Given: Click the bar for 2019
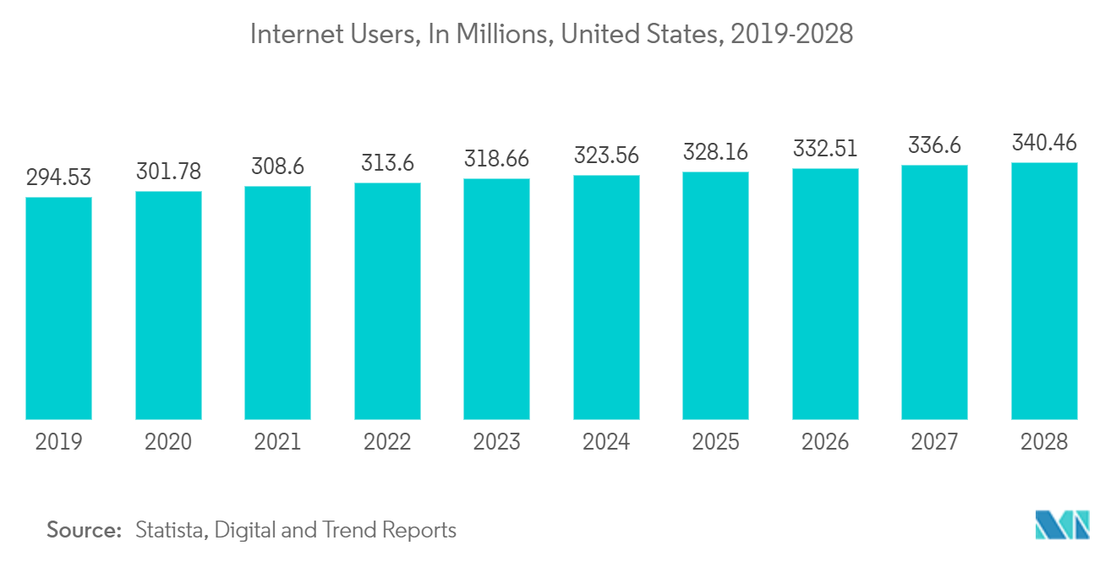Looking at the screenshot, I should pos(58,308).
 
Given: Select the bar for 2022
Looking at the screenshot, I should pos(387,301).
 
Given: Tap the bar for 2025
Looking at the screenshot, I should pos(715,295).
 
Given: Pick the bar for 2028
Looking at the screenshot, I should pos(1044,291).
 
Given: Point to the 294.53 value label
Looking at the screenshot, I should pos(58,177).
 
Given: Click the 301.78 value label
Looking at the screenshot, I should pos(168,172).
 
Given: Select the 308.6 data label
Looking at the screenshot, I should pos(277,166).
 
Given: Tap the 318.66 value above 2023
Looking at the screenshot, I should pos(496,159).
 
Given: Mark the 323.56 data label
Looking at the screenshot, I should pos(606,156).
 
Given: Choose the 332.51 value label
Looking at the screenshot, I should pos(825,149).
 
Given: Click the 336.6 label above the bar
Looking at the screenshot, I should pos(934,145).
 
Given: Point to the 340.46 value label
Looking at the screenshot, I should pos(1044,142).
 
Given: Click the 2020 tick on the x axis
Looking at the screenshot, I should pos(168,441).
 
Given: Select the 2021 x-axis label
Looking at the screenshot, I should pos(277,441).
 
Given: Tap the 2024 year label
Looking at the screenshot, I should pos(606,441).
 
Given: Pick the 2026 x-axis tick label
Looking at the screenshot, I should pos(825,441).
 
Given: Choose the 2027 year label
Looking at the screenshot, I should pos(934,441).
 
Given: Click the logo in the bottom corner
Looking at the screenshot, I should pos(1063,525).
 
